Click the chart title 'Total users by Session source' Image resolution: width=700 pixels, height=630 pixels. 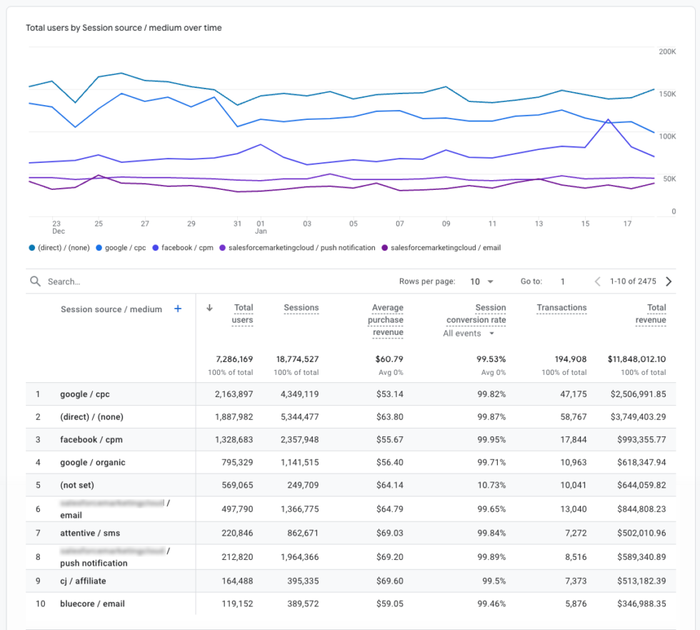tap(124, 28)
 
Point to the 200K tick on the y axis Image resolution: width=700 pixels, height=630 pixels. tap(667, 51)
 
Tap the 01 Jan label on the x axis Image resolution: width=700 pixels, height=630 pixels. tap(261, 227)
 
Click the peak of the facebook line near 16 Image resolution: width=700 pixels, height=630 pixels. tap(608, 120)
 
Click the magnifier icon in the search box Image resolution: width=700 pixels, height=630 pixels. tap(35, 281)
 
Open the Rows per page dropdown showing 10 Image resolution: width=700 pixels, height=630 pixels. tap(481, 281)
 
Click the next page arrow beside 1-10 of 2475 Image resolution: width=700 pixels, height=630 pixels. tap(669, 281)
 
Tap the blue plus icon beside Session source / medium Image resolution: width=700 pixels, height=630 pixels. tap(178, 309)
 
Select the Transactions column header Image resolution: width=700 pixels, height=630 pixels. tap(561, 308)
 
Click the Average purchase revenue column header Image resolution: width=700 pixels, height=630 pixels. tap(387, 320)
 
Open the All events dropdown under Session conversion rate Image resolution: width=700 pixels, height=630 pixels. tap(469, 334)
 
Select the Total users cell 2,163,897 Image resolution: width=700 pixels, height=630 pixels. tap(234, 394)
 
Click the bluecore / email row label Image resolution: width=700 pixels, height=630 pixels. tap(92, 604)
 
